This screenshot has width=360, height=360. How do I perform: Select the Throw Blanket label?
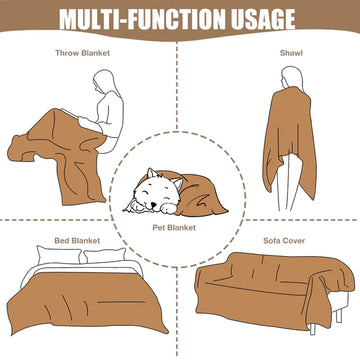click(82, 53)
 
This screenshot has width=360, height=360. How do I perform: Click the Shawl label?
click(291, 53)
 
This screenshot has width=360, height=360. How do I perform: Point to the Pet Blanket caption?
click(174, 228)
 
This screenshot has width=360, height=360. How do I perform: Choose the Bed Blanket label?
click(77, 241)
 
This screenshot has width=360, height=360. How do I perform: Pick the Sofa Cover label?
click(284, 241)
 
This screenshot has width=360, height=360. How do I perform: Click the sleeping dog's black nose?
click(153, 205)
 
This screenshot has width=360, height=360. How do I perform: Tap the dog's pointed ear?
click(151, 173)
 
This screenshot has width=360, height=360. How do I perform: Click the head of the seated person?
click(104, 82)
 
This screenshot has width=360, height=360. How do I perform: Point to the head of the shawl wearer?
click(291, 76)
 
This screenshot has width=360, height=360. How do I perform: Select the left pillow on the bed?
click(59, 255)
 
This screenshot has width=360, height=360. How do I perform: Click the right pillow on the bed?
click(104, 255)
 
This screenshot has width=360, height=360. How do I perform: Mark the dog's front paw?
click(171, 209)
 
